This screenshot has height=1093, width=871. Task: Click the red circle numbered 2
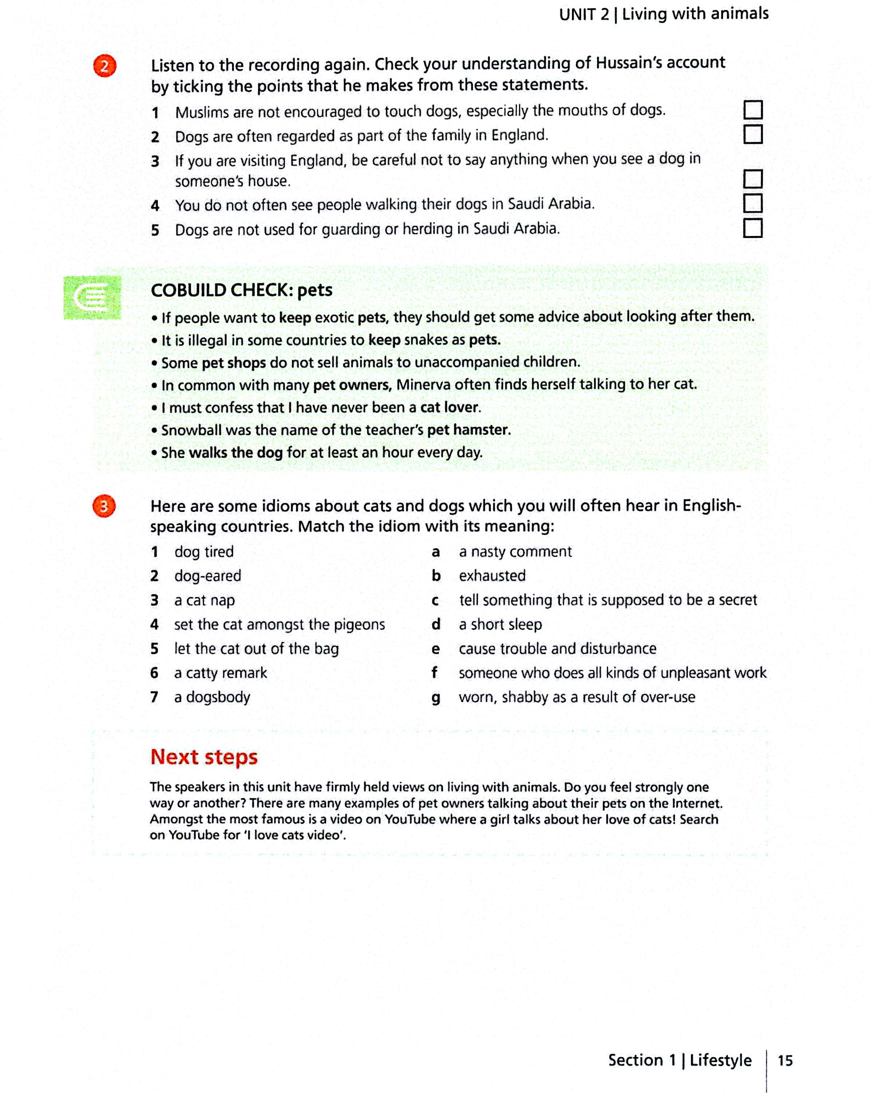(105, 66)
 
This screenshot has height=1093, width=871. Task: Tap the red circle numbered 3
(104, 506)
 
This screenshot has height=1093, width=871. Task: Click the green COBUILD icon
(92, 298)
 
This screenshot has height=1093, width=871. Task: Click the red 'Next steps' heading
(204, 757)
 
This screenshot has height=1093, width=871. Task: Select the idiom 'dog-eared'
(207, 576)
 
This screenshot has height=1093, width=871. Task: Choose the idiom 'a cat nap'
(204, 600)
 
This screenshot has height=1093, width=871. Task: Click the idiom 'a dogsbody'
(212, 697)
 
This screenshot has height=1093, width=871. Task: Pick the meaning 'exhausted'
(492, 576)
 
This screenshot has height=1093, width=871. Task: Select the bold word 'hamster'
(481, 430)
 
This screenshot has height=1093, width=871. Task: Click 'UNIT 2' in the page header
(584, 15)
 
